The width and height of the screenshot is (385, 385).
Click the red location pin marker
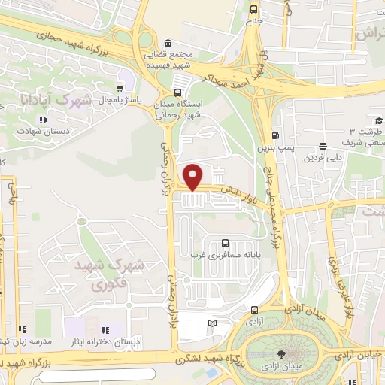[x=194, y=176]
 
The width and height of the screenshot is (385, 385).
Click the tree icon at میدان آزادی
[x=281, y=353]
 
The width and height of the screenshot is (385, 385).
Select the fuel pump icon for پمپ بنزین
[x=274, y=136]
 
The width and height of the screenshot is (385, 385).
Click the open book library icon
[x=212, y=323]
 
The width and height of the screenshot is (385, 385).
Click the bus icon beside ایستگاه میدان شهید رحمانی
[x=180, y=83]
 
